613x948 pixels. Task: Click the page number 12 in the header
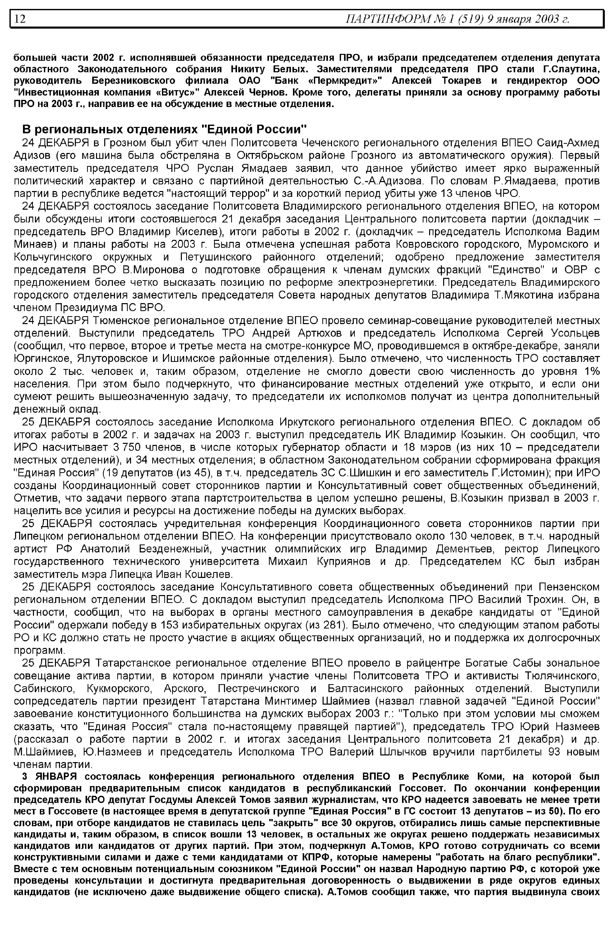(20, 19)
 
